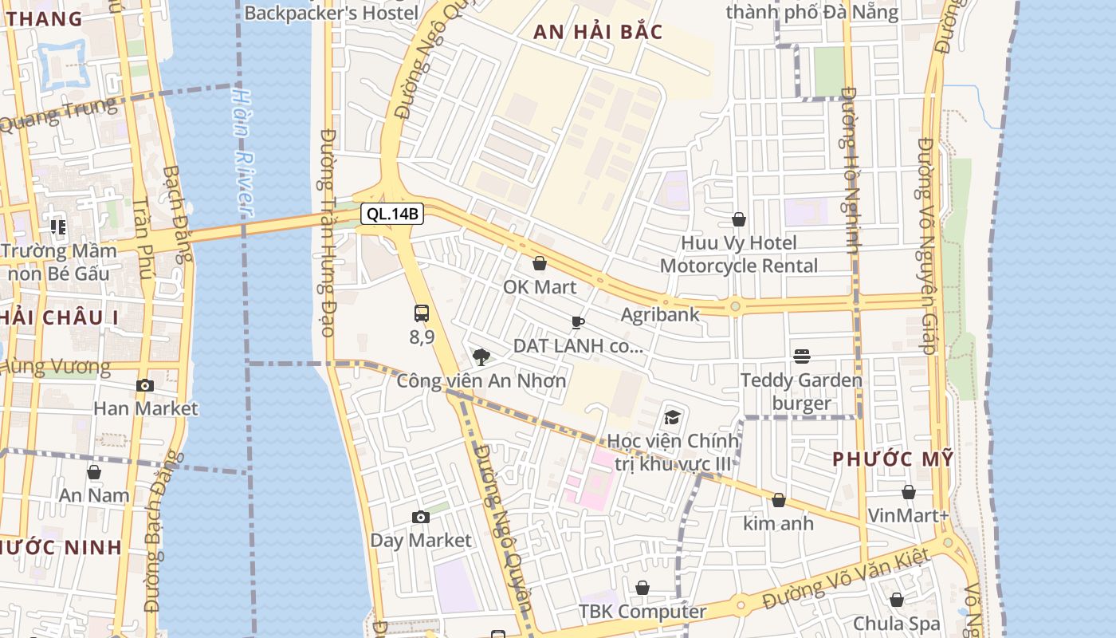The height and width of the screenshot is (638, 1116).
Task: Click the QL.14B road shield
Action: click(391, 214)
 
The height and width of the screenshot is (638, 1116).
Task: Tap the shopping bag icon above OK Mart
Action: click(540, 263)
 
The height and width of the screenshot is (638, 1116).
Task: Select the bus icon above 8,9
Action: click(422, 313)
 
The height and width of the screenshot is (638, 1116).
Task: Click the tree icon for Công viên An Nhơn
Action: click(481, 356)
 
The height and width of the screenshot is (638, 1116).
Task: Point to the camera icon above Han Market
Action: click(144, 385)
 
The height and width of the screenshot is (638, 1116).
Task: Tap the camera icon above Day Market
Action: click(421, 517)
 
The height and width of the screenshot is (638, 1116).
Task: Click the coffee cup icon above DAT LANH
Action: click(578, 322)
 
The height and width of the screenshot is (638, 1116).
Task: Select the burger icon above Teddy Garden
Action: click(802, 356)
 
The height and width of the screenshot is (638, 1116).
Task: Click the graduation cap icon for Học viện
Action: click(673, 417)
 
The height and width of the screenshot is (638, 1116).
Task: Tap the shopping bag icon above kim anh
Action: click(779, 500)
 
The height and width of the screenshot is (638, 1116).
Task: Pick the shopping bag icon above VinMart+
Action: click(908, 492)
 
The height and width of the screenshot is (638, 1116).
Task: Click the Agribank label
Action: click(660, 314)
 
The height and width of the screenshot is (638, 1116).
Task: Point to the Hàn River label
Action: click(241, 152)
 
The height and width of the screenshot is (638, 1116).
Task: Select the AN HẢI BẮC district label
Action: click(598, 32)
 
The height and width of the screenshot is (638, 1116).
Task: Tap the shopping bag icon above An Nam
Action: click(94, 472)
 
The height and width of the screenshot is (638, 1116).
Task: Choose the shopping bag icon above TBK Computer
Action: click(642, 589)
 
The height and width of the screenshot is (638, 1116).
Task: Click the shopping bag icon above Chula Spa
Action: click(897, 600)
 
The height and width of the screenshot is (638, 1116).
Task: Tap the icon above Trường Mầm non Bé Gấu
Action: click(58, 227)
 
